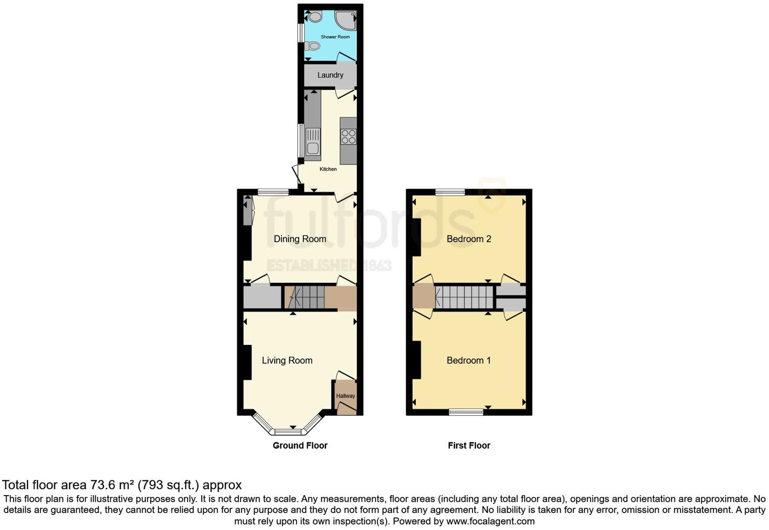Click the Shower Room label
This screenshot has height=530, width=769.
point(335,37)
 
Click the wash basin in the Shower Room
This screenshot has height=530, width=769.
point(315,17)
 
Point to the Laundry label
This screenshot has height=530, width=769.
point(330,75)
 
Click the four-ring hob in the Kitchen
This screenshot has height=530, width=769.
point(348,137)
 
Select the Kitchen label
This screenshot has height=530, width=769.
point(328,169)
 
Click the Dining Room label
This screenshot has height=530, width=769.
point(300,239)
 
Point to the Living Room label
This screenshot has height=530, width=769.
point(287,360)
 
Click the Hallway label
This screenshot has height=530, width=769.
point(346,396)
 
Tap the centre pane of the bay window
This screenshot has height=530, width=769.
point(288,432)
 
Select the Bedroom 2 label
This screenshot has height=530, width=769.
point(468,239)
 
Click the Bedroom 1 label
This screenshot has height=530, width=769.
point(468,360)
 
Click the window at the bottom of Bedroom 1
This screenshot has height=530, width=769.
point(466,412)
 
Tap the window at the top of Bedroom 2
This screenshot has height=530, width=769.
point(450,192)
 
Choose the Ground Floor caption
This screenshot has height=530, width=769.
point(300,446)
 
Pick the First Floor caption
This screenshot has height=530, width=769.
point(468,446)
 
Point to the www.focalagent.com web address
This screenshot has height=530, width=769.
point(490,521)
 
